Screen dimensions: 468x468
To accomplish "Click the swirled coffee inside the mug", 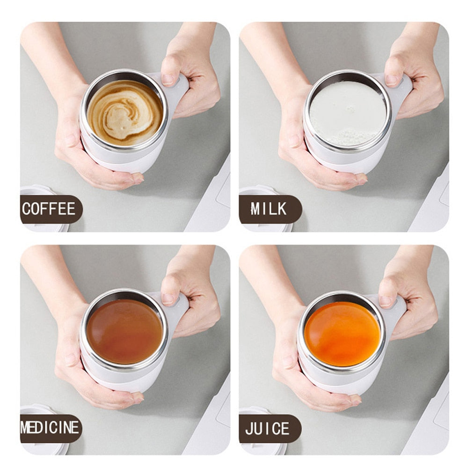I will (124, 112).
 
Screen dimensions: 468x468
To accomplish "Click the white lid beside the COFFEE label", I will (37, 190).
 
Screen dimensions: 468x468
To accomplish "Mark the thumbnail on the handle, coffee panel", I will (168, 79).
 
